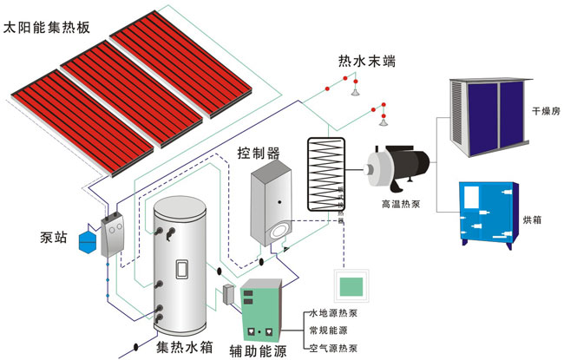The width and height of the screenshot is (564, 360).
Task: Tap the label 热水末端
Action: coord(369,62)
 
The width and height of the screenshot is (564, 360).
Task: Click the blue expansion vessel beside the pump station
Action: coord(88,239)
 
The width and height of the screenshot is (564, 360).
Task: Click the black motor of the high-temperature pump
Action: coord(416,167)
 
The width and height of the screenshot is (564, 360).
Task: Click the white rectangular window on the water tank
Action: coord(182,270)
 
